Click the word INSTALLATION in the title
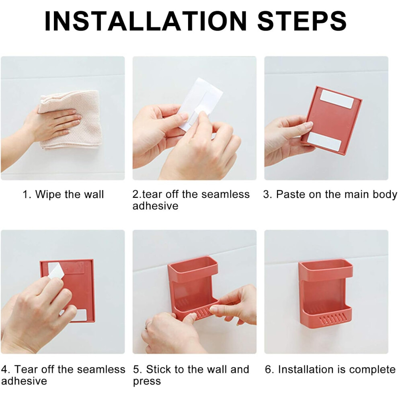click(145, 21)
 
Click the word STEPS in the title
click(302, 21)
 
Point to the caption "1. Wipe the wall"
click(63, 195)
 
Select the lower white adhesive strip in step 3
click(324, 141)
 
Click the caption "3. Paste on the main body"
click(330, 195)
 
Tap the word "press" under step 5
click(147, 382)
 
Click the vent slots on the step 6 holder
click(332, 319)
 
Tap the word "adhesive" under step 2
click(155, 206)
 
